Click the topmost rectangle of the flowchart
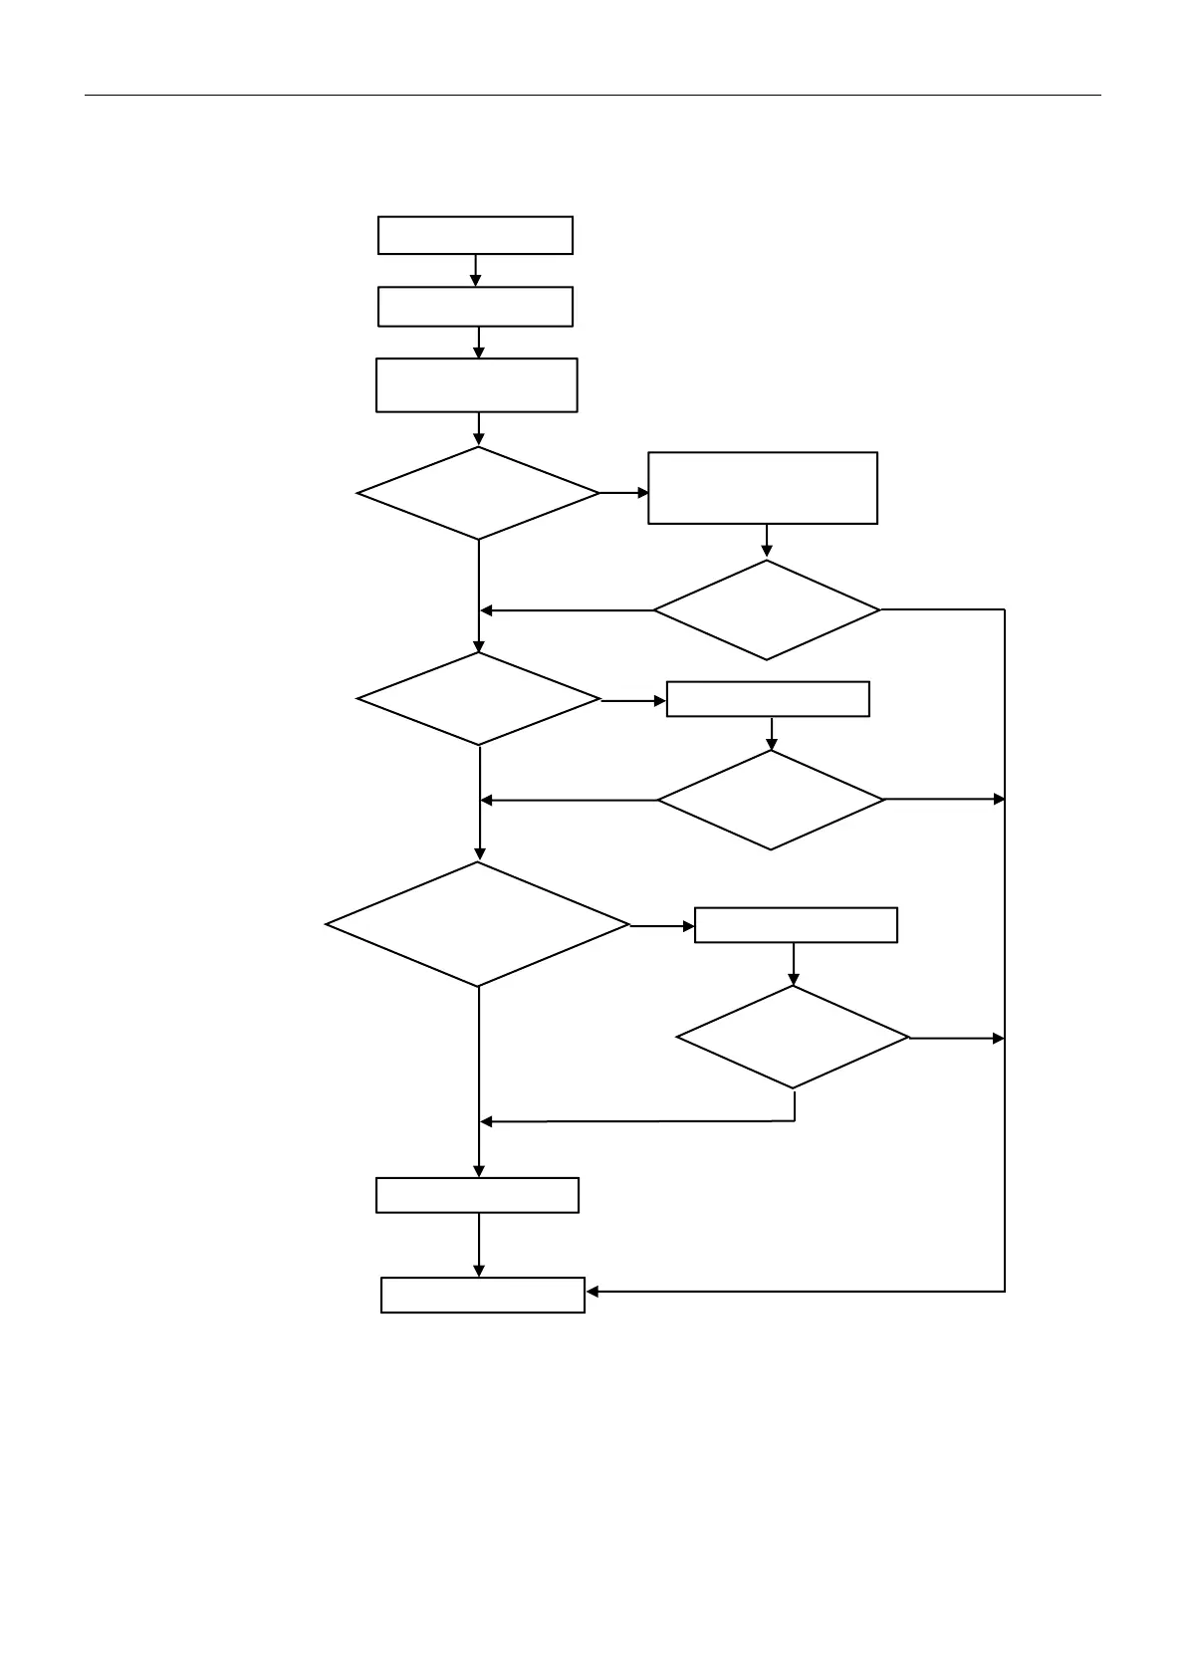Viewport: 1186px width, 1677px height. [475, 235]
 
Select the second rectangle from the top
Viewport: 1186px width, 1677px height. [475, 307]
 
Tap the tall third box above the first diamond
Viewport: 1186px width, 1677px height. [476, 384]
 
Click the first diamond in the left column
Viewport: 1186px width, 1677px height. [478, 493]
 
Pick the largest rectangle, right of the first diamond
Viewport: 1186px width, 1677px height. [763, 488]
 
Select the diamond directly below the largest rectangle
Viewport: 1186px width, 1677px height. [767, 609]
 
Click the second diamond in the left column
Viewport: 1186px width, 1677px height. [479, 699]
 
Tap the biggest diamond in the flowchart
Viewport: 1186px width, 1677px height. [478, 924]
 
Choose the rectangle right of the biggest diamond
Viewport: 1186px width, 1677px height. [796, 925]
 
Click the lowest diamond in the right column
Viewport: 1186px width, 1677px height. [793, 1037]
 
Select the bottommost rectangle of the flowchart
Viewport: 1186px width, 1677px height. [483, 1295]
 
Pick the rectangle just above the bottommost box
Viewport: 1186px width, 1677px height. [477, 1195]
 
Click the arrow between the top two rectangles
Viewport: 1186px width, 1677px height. [476, 271]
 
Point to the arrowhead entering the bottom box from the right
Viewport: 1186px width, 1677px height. [593, 1292]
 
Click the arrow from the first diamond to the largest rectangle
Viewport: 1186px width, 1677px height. [623, 493]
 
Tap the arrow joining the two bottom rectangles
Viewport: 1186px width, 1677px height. [479, 1245]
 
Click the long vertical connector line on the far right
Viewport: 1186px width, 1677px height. [1005, 946]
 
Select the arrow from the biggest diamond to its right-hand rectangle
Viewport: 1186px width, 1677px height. [662, 926]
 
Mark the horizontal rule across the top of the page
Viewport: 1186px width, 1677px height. [593, 96]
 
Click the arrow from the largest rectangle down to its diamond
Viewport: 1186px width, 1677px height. [767, 541]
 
